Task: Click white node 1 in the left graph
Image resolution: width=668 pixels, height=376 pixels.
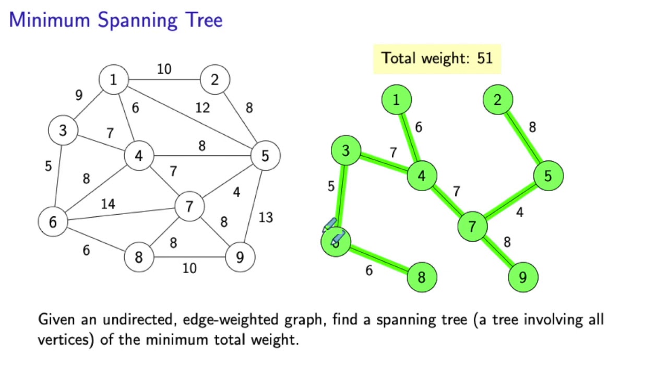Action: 114,80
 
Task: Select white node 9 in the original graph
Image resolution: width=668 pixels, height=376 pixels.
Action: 240,257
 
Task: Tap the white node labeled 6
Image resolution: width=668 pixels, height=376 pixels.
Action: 53,222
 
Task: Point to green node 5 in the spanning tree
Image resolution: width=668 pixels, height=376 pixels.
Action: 548,175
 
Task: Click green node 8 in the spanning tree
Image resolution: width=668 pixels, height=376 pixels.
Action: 421,277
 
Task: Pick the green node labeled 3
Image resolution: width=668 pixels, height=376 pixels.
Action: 345,151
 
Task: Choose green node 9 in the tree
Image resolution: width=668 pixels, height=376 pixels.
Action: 522,277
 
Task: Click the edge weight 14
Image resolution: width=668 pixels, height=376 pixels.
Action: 108,204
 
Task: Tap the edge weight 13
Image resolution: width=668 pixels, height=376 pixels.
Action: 266,217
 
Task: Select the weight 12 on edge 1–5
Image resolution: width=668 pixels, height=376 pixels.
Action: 202,108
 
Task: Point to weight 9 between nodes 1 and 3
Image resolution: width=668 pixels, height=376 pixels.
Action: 79,95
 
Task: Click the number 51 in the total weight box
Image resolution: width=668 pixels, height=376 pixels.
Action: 484,58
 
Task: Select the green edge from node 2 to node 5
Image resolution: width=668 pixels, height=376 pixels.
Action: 522,137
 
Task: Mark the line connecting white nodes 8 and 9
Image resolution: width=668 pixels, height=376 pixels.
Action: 189,257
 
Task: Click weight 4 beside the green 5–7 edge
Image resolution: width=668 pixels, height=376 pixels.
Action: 519,213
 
